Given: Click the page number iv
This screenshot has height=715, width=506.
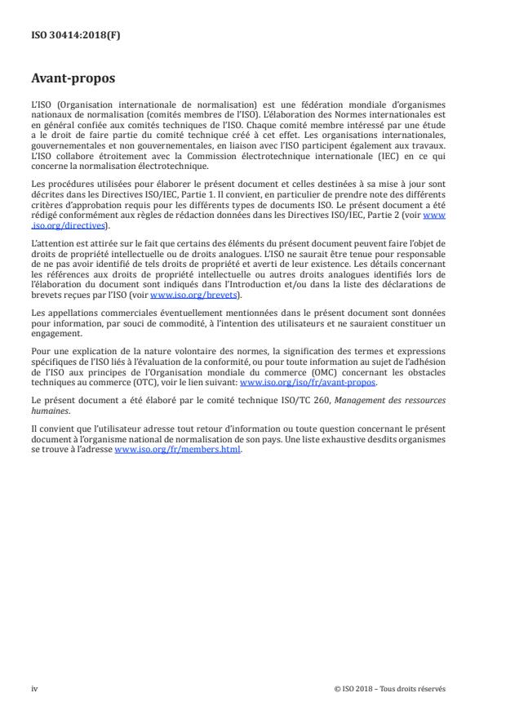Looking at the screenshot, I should pyautogui.click(x=34, y=688).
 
